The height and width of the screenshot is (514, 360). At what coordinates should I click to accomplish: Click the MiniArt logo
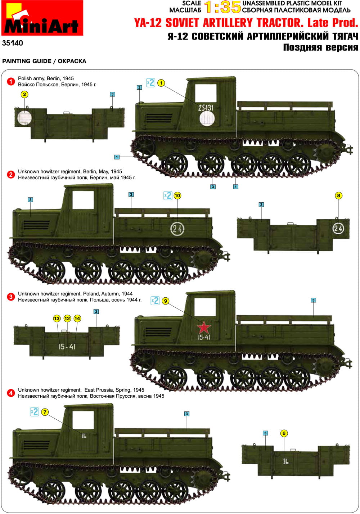pyautogui.click(x=42, y=18)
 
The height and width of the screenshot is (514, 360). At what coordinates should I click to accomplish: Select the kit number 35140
pyautogui.click(x=12, y=43)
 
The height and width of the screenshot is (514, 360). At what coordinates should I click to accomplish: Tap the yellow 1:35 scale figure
pyautogui.click(x=222, y=7)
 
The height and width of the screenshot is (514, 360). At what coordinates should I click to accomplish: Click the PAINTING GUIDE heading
pyautogui.click(x=27, y=61)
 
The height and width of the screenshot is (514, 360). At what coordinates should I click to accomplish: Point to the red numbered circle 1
pyautogui.click(x=11, y=81)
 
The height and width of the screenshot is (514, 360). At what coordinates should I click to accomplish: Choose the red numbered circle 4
pyautogui.click(x=11, y=393)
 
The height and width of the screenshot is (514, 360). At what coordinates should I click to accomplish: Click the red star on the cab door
pyautogui.click(x=203, y=327)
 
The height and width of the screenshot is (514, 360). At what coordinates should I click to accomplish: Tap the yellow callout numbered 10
pyautogui.click(x=177, y=196)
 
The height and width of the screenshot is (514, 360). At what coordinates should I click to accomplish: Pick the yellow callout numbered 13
pyautogui.click(x=57, y=319)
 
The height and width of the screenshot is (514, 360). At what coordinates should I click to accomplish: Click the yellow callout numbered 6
pyautogui.click(x=284, y=433)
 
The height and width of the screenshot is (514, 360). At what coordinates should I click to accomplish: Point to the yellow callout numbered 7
pyautogui.click(x=45, y=412)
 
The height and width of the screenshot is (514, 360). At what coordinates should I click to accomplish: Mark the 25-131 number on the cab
pyautogui.click(x=206, y=108)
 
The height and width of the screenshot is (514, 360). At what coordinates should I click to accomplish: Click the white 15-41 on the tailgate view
pyautogui.click(x=67, y=347)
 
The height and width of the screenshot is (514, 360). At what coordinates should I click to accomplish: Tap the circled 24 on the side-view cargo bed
pyautogui.click(x=177, y=229)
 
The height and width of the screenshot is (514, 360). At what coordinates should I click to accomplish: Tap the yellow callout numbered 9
pyautogui.click(x=166, y=301)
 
